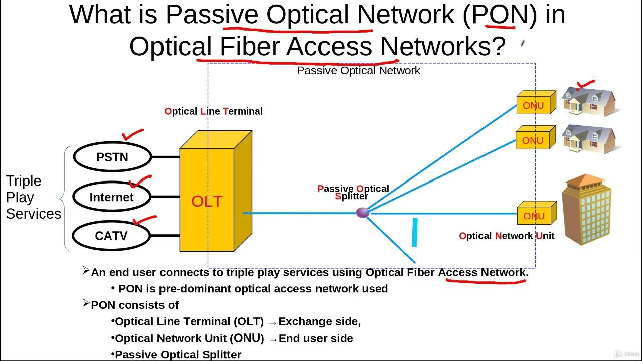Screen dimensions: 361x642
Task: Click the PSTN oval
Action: (x=112, y=157)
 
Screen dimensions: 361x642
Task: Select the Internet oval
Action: (x=111, y=197)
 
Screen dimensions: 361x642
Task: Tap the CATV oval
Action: (x=111, y=236)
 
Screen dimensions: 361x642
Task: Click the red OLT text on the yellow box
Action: (x=207, y=201)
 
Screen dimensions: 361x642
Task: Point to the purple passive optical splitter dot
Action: (x=362, y=213)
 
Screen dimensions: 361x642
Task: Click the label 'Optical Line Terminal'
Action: (x=213, y=111)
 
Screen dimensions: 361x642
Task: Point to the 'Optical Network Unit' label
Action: (x=507, y=236)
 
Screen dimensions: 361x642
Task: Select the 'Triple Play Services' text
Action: (x=33, y=197)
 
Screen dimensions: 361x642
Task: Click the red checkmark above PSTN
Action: (x=132, y=134)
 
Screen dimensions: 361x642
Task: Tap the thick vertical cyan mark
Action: (x=415, y=232)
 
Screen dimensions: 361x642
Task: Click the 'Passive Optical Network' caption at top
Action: (x=359, y=71)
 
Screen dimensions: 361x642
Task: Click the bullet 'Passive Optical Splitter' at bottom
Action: (x=178, y=355)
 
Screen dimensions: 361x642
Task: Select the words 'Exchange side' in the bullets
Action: (x=319, y=322)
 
